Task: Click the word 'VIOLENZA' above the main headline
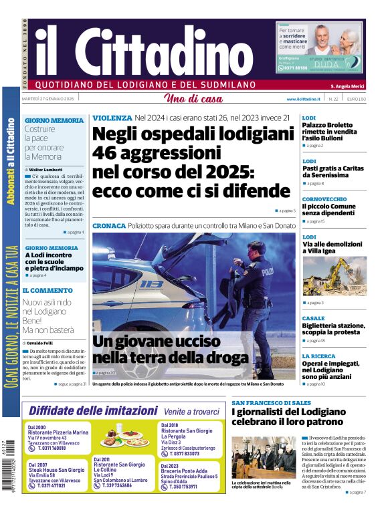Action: (x=112, y=118)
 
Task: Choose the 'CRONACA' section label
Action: (x=108, y=226)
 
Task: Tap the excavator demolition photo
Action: (x=334, y=275)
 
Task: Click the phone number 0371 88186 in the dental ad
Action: (x=295, y=68)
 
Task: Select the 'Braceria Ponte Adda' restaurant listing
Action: (x=179, y=475)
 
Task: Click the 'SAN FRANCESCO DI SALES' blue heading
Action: (x=271, y=403)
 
